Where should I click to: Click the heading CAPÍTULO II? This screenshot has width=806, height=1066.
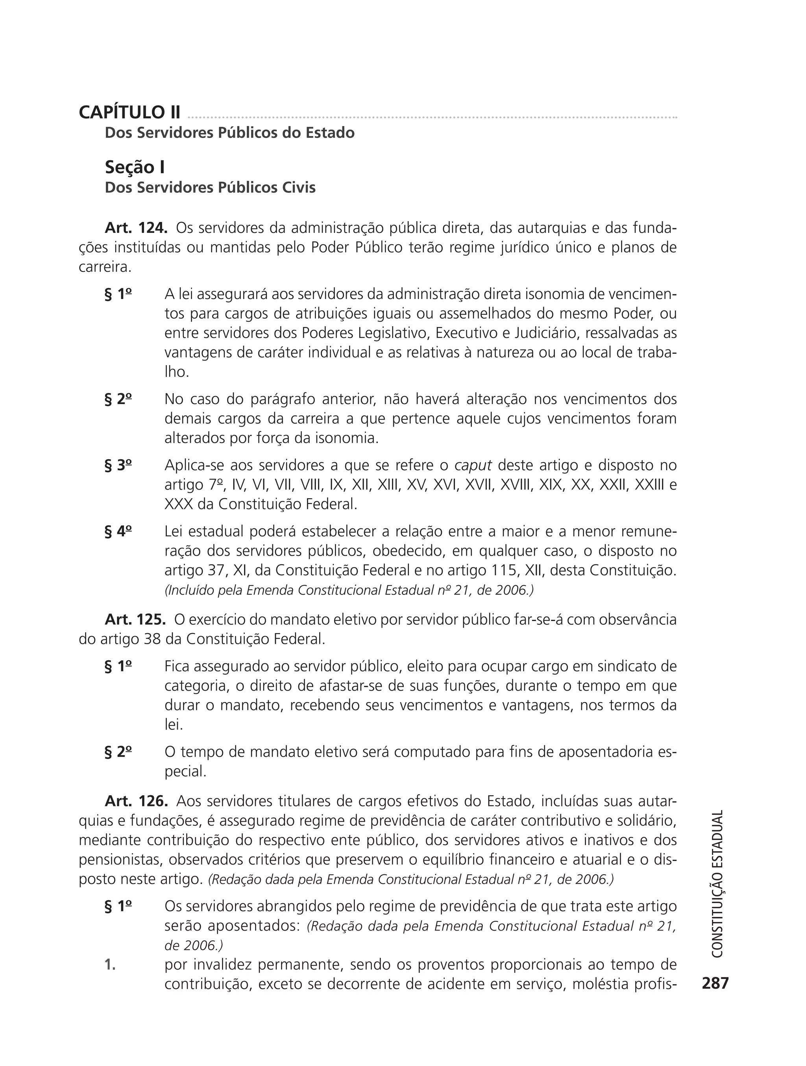(129, 112)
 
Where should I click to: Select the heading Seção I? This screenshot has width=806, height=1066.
(135, 167)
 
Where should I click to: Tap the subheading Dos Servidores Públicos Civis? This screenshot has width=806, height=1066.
(210, 187)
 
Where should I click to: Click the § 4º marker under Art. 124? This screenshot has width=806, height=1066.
(118, 532)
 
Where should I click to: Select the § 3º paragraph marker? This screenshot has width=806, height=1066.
(118, 465)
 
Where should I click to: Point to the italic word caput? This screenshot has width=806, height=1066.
(473, 466)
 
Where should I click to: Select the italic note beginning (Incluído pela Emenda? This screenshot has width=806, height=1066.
(349, 590)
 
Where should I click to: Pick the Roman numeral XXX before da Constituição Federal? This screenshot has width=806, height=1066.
(179, 504)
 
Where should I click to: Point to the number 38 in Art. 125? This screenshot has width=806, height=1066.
(153, 639)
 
